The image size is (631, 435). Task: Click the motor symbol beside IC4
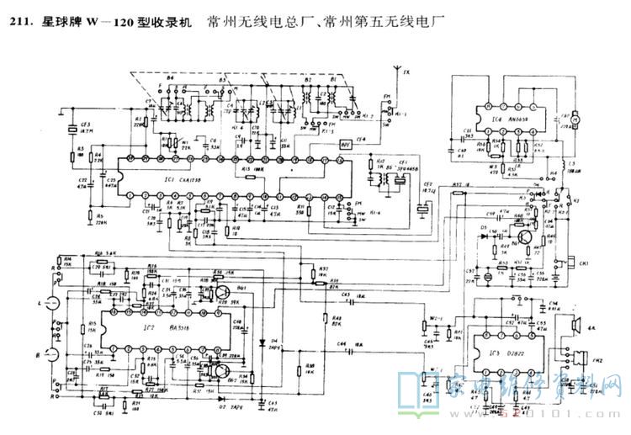pos(578,122)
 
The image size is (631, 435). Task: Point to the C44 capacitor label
pos(342,344)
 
